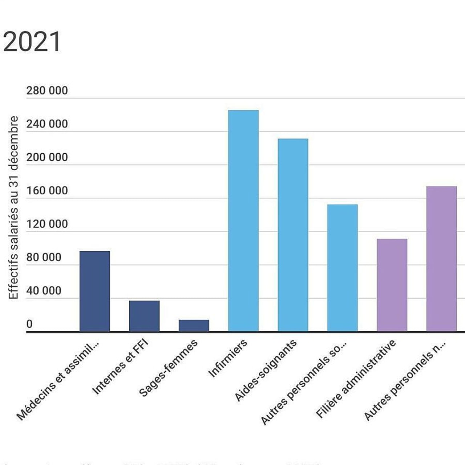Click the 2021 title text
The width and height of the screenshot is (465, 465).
point(32,42)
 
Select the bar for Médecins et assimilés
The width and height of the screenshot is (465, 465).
point(94,291)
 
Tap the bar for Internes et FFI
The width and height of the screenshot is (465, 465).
point(144,316)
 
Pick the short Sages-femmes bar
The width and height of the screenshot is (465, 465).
point(194,325)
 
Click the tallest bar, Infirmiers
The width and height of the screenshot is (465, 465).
point(243,221)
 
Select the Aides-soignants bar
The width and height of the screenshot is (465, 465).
point(293,235)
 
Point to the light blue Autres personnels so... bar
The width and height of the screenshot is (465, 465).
point(342,268)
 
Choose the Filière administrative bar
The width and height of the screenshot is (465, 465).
point(392,285)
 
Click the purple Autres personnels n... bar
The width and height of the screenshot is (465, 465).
point(441,259)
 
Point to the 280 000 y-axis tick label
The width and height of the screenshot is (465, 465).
point(47,90)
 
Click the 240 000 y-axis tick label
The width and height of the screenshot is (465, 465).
point(47,124)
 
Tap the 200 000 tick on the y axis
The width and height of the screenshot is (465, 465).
point(47,157)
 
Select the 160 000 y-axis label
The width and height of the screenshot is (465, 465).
point(47,191)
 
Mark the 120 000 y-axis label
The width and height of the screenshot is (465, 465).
point(47,224)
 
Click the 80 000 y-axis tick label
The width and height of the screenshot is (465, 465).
point(44,257)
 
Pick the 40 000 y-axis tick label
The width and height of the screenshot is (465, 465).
point(44,291)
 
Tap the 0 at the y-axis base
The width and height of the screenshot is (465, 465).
point(29,324)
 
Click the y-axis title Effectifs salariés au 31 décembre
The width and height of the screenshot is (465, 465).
point(13,208)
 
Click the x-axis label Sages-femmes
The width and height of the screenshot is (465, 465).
point(169,368)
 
